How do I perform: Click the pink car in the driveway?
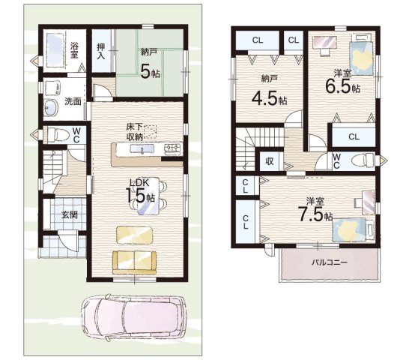click(134, 318)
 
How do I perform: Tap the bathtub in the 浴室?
click(55, 50)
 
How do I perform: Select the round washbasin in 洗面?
click(51, 108)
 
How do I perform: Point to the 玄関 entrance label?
click(70, 214)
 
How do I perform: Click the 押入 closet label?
click(101, 51)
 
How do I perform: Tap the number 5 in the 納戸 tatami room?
click(145, 71)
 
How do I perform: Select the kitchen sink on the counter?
click(142, 149)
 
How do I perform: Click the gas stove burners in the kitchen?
click(173, 149)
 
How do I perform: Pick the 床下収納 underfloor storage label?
click(135, 132)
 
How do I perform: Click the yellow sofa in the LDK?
click(134, 263)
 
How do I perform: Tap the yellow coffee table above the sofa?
click(134, 235)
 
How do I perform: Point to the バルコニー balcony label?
click(330, 262)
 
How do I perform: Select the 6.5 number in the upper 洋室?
click(338, 86)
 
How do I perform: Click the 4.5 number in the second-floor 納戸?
click(265, 98)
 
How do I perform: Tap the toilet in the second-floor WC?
click(363, 160)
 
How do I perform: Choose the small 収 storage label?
click(270, 160)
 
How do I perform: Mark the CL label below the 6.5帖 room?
click(354, 136)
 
